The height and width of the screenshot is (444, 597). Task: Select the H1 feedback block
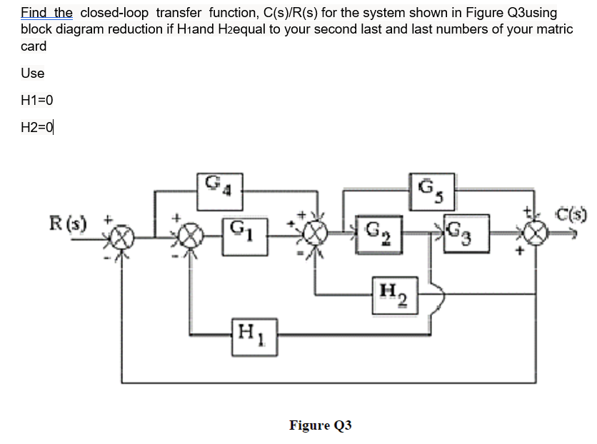click(x=252, y=333)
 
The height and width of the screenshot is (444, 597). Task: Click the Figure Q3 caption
click(x=320, y=425)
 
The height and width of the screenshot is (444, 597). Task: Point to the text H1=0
click(x=37, y=100)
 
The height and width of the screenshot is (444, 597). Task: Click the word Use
click(x=33, y=73)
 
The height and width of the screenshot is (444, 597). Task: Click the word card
click(x=34, y=46)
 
